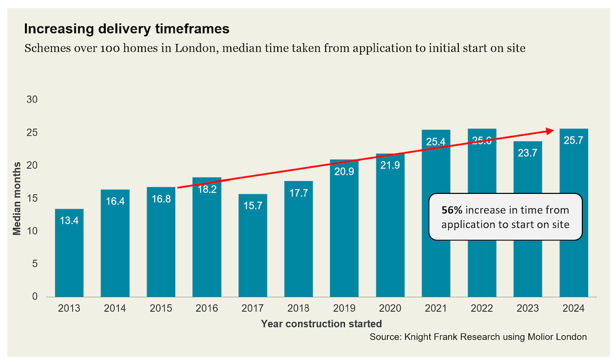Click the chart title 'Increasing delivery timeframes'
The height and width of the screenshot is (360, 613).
point(126,29)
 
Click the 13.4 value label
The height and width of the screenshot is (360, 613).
point(69,221)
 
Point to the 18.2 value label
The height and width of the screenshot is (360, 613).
point(207,189)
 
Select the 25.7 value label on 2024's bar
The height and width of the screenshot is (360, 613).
point(574,141)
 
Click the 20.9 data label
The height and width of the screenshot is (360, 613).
point(344,171)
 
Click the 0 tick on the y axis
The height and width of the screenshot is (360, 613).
point(34,296)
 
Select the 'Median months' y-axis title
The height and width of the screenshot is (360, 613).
point(17,198)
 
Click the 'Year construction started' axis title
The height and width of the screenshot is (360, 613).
point(321,324)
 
